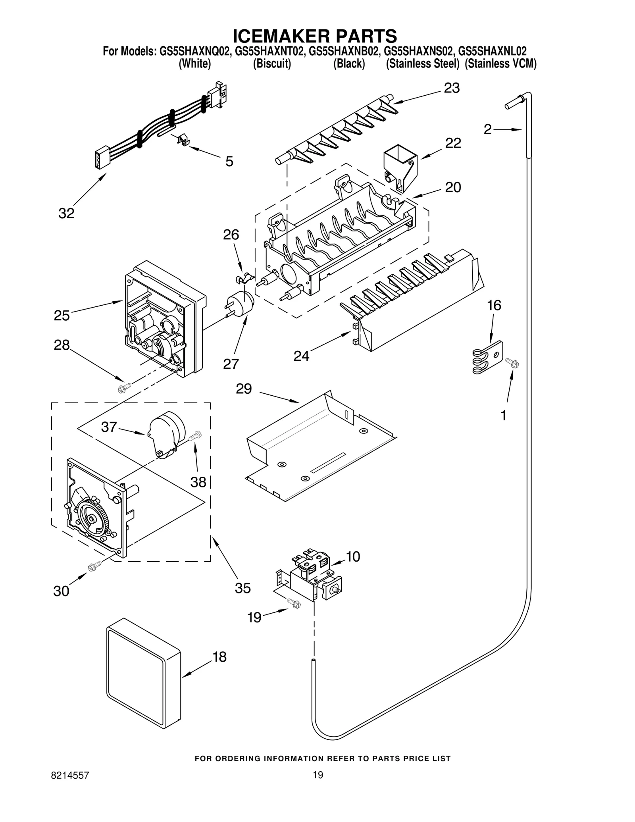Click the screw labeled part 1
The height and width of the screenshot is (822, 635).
click(513, 362)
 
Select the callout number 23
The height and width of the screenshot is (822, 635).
click(451, 88)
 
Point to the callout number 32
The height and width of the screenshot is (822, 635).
click(66, 214)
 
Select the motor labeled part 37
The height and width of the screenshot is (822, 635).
click(166, 434)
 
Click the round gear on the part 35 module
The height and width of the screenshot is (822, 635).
click(92, 518)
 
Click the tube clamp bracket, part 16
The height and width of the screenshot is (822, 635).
click(488, 358)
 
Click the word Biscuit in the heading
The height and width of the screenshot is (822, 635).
click(272, 64)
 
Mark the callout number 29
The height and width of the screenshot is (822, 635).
click(244, 389)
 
